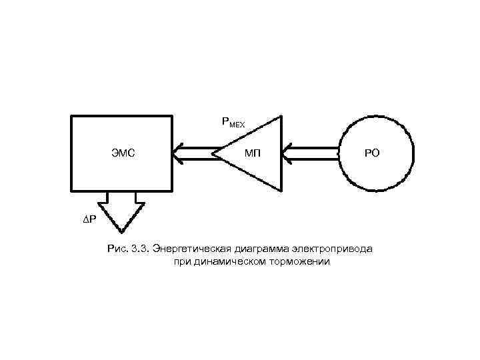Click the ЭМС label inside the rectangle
[123, 153]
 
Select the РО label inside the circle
[372, 153]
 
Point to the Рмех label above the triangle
[233, 123]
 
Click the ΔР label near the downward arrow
[89, 219]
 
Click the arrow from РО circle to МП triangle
[312, 154]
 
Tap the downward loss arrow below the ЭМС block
[121, 213]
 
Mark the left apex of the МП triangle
[213, 154]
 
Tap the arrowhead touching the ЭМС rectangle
[177, 154]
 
